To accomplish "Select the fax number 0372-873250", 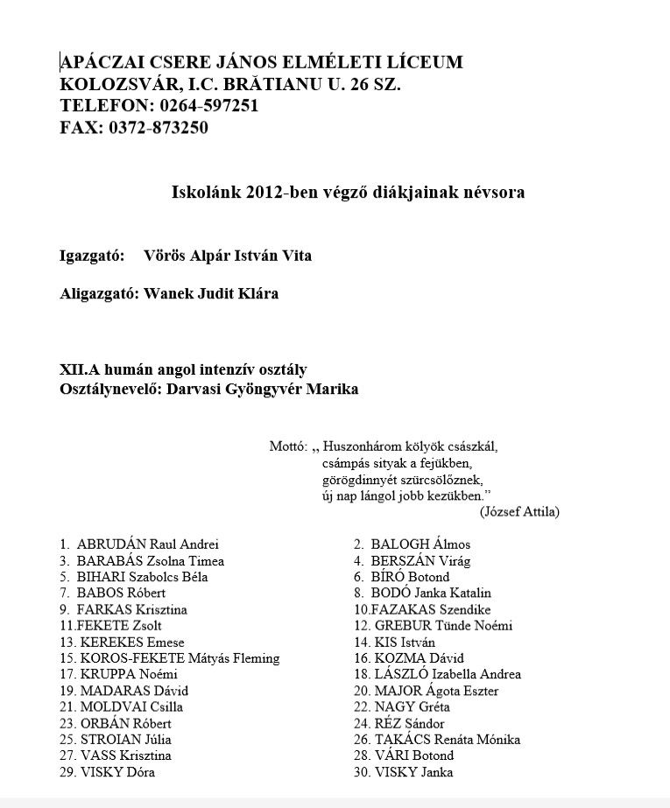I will pos(159,128).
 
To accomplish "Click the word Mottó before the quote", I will pos(287,446).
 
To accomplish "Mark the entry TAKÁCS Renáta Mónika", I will pos(447,740).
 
